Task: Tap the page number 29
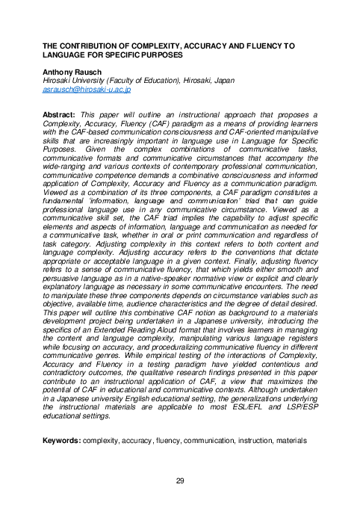pyautogui.click(x=180, y=480)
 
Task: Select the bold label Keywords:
pyautogui.click(x=62, y=442)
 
